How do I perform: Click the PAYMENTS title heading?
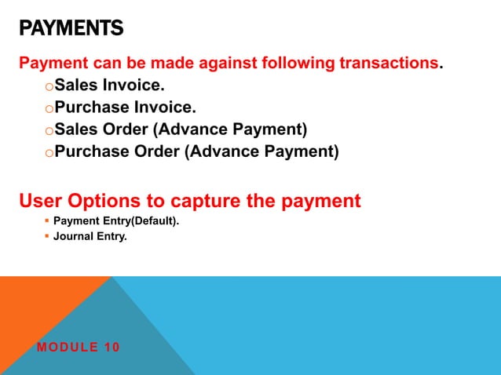(x=71, y=30)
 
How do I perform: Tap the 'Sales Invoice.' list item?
(x=110, y=85)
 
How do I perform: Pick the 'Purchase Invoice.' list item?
(x=126, y=107)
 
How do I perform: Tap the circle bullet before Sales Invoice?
(x=49, y=86)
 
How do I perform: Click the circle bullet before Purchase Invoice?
(x=49, y=108)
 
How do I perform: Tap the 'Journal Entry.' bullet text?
(x=90, y=235)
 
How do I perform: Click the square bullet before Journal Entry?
(x=46, y=235)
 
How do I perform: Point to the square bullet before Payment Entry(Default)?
(x=46, y=221)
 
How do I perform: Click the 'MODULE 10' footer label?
(x=79, y=347)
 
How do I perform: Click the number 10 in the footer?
(x=112, y=347)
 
